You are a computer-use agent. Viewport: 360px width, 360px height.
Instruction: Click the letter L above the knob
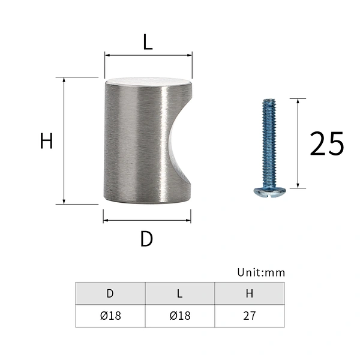[148, 42]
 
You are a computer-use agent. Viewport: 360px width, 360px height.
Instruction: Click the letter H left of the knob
[46, 141]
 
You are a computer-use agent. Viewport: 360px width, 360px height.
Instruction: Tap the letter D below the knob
[146, 239]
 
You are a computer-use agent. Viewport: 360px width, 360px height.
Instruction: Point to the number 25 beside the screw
[327, 144]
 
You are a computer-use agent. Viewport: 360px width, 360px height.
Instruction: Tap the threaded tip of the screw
[269, 101]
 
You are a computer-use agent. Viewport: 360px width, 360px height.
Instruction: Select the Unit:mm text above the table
[261, 272]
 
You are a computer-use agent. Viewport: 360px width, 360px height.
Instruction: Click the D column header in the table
[110, 293]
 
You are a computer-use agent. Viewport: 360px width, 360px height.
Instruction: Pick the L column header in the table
[180, 293]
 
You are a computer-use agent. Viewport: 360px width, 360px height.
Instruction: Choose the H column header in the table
[250, 293]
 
